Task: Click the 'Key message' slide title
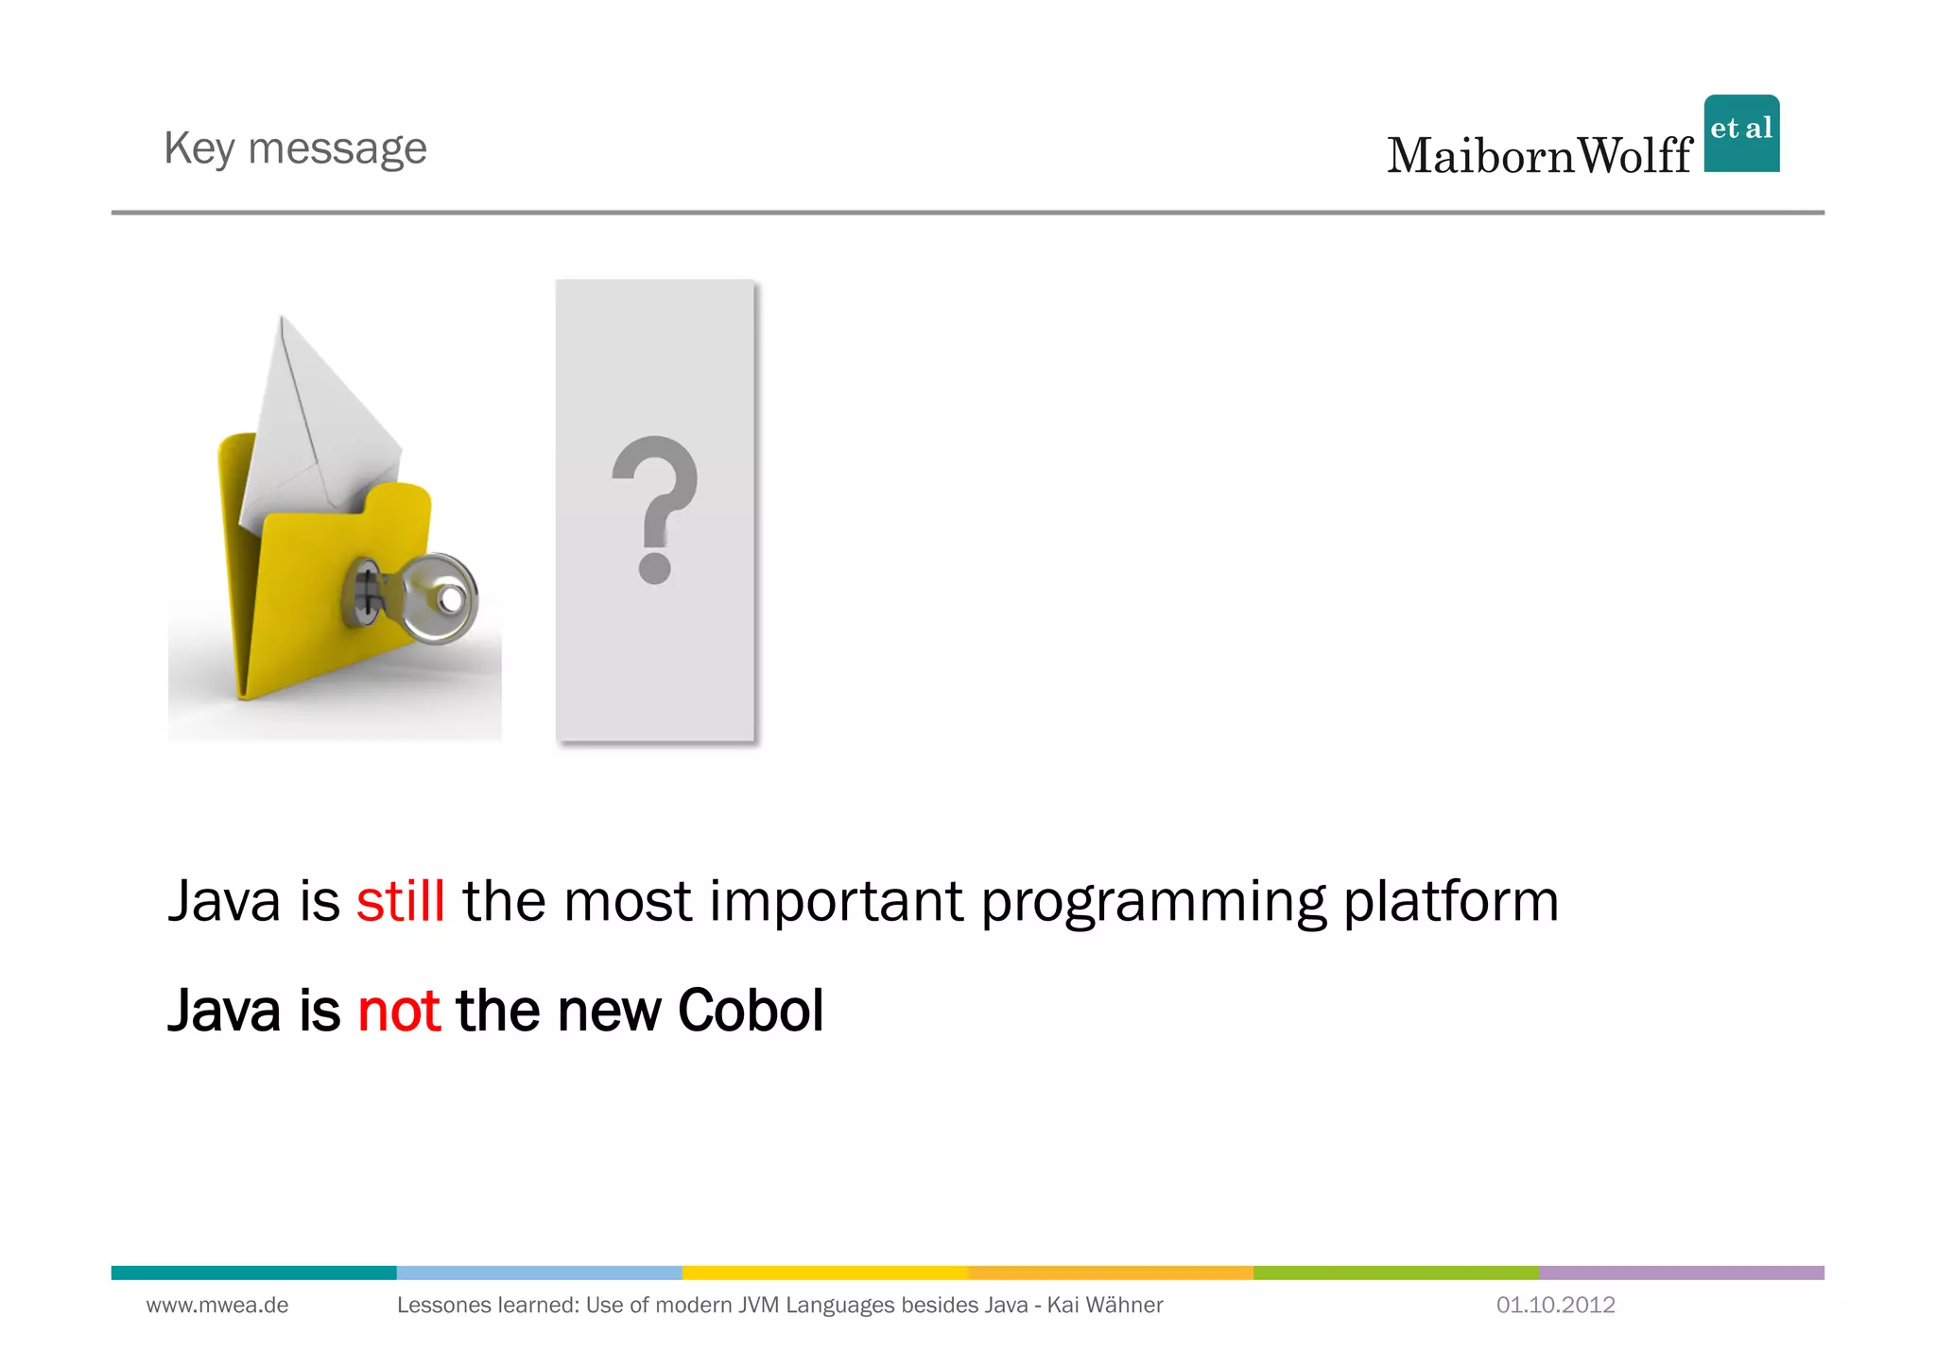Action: click(295, 149)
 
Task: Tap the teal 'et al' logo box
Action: click(1741, 133)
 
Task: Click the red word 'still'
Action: click(400, 901)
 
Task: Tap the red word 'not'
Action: click(398, 1011)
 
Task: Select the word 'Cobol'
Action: click(751, 1011)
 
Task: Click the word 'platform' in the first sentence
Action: click(1450, 901)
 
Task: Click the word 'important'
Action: click(837, 901)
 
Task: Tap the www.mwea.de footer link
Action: click(217, 1306)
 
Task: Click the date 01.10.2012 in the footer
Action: click(1555, 1306)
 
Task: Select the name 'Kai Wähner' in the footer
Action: click(1105, 1306)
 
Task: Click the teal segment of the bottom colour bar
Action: click(253, 1273)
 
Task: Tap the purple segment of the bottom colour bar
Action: click(1681, 1273)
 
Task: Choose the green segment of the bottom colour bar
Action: click(1395, 1273)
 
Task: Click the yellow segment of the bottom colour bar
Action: click(824, 1273)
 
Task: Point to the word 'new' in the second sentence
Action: click(610, 1011)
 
